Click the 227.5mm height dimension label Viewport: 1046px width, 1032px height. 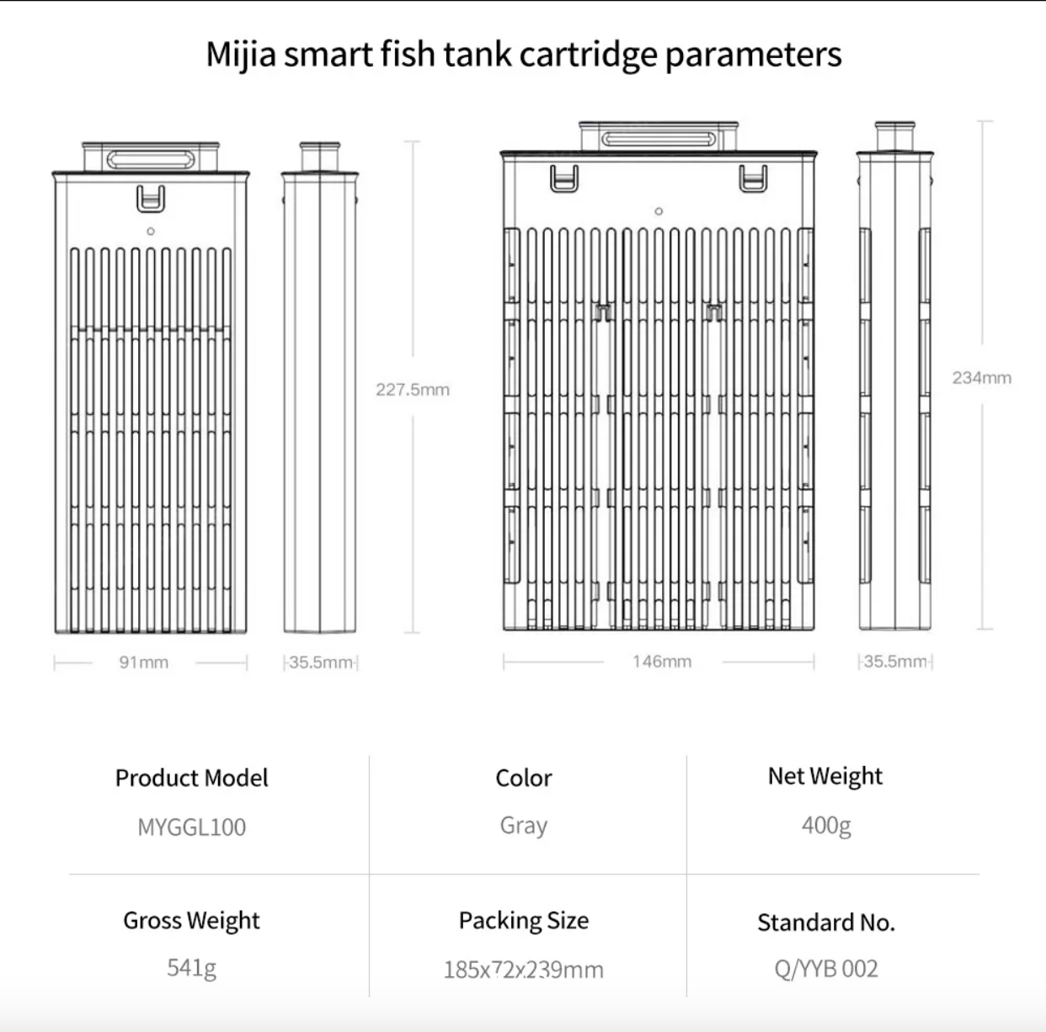tap(412, 390)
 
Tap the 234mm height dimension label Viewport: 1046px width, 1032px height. tap(981, 378)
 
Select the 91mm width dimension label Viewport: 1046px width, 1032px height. tap(143, 662)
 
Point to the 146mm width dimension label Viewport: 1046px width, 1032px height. tap(662, 662)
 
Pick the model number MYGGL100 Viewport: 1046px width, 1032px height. tap(192, 827)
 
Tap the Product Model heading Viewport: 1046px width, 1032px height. tap(192, 778)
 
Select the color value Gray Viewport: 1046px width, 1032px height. tap(523, 826)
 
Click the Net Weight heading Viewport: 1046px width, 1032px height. tap(825, 776)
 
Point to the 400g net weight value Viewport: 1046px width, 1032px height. tap(825, 825)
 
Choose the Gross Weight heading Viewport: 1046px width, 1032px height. tap(191, 921)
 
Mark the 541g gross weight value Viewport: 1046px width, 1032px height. tap(191, 968)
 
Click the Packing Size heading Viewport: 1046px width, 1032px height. tap(523, 921)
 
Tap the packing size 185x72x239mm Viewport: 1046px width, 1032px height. tap(523, 970)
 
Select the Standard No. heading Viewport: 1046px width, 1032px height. tap(825, 923)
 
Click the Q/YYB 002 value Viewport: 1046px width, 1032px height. tap(825, 969)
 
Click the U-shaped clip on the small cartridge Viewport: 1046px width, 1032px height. tap(151, 199)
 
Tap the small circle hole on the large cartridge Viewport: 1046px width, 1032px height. tap(659, 211)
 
